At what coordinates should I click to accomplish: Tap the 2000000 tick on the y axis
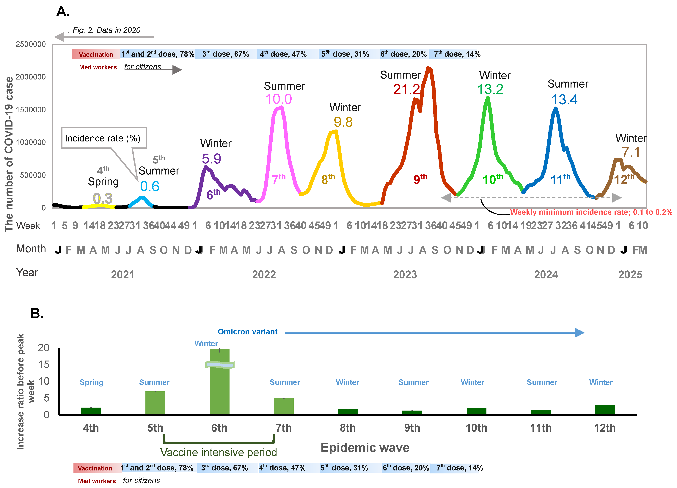(x=31, y=77)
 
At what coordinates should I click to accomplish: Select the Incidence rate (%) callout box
(x=104, y=138)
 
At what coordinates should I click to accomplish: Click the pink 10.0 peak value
(x=279, y=99)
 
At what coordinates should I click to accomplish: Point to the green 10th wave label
(x=493, y=179)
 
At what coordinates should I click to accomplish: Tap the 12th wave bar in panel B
(x=605, y=410)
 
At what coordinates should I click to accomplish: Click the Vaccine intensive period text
(x=219, y=452)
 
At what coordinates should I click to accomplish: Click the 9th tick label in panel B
(x=412, y=428)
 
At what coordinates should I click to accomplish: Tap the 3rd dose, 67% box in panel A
(x=226, y=54)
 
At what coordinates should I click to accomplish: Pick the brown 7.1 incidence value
(x=631, y=152)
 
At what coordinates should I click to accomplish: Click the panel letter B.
(x=37, y=314)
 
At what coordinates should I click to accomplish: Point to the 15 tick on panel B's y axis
(x=44, y=365)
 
